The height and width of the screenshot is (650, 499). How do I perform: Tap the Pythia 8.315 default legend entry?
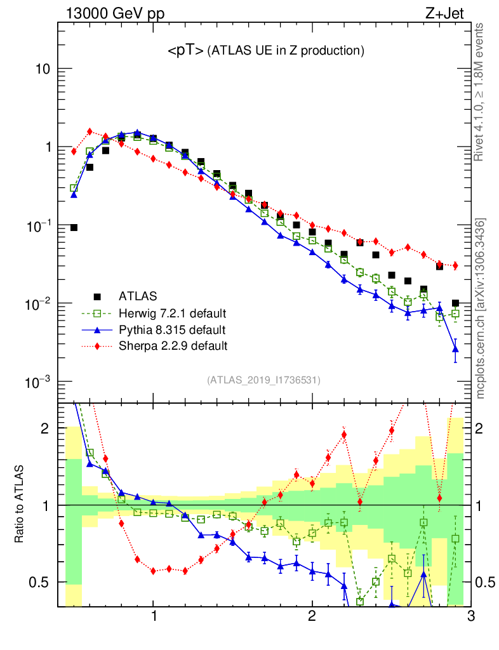coord(172,330)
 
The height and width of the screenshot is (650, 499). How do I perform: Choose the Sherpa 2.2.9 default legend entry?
coord(173,347)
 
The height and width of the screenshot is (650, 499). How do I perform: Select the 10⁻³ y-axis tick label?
coord(38,382)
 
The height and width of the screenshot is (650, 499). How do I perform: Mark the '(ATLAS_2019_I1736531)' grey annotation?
coord(263,380)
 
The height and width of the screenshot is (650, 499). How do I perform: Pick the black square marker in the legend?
coord(97,296)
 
